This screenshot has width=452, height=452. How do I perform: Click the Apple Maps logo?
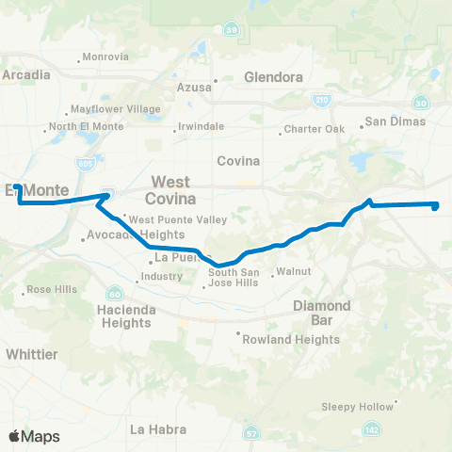pos(34,436)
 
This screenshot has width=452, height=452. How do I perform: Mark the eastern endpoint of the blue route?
pos(436,205)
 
